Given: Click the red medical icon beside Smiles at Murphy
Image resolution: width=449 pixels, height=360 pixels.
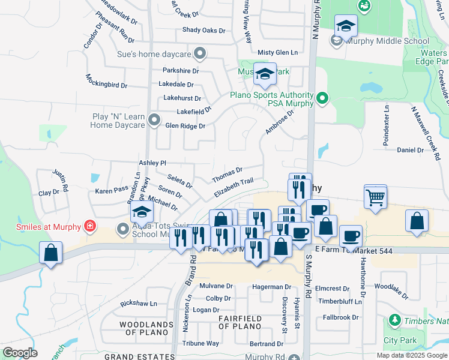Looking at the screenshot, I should (90, 226).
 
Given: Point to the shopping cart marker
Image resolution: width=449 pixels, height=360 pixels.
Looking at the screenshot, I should (375, 196).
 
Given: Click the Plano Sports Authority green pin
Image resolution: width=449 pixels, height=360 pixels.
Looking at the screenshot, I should (322, 97).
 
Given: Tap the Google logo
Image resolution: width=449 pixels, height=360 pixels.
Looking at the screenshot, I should (20, 352).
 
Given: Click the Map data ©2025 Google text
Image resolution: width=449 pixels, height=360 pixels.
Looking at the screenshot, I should (411, 355).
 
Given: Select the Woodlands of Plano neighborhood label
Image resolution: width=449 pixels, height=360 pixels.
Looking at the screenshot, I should (138, 328).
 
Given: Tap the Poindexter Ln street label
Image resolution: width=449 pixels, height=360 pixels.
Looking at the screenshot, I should (386, 125).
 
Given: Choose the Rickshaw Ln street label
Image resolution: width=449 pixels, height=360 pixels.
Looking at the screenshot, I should (139, 304).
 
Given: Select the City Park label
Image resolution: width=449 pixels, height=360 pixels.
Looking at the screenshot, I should (399, 340).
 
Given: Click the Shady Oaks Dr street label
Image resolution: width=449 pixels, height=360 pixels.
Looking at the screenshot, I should (203, 30).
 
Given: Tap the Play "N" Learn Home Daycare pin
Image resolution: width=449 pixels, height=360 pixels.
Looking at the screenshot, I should (154, 120).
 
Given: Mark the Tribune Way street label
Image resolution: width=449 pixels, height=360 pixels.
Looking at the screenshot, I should (200, 343).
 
